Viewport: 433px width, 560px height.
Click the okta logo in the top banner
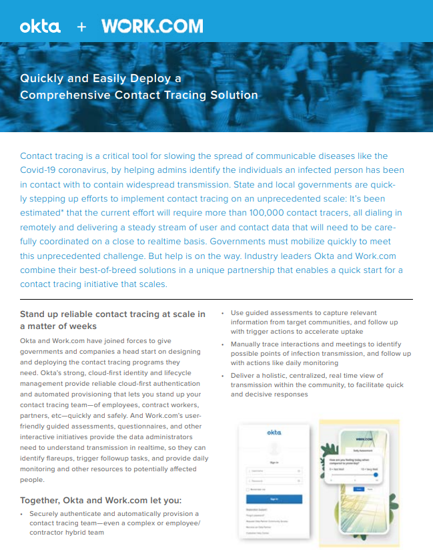point(40,27)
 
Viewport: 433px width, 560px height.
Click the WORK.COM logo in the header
point(152,27)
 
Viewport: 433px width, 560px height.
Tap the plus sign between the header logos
point(81,27)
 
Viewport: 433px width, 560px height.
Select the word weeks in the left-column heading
point(82,326)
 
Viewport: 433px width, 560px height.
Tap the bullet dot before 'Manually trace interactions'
point(223,344)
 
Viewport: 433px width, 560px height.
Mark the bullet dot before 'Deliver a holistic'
point(223,376)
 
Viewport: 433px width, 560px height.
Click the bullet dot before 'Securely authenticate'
point(21,514)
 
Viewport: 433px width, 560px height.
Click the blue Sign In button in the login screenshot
point(274,499)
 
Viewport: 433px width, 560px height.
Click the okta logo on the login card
point(274,433)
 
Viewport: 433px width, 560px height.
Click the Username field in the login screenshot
point(274,471)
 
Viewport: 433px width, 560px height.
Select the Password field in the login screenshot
point(274,480)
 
